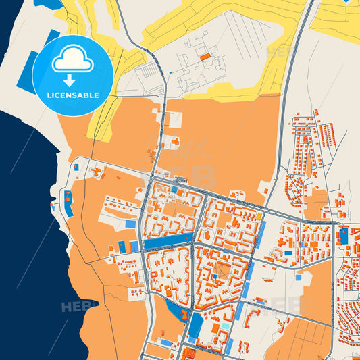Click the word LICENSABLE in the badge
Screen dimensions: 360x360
(x=72, y=95)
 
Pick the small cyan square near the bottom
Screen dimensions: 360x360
(x=224, y=327)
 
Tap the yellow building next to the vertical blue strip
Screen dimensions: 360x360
(x=258, y=216)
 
